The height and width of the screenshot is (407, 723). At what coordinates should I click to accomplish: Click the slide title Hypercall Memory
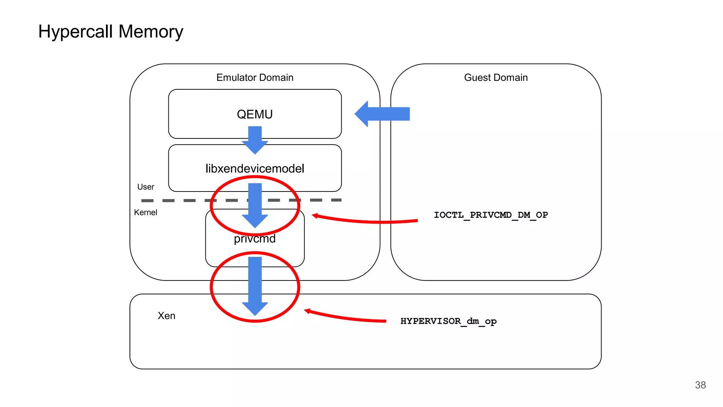point(110,32)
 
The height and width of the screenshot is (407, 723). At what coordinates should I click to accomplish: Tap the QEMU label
point(255,114)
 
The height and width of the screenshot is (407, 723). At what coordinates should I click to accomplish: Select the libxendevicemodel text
point(255,169)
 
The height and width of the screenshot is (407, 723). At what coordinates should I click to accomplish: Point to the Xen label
point(166,315)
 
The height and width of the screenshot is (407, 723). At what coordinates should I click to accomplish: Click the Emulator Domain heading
point(255,77)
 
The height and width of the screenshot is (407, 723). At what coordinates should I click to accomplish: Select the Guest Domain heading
point(496,77)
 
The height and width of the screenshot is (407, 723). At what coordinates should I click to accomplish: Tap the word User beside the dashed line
point(145,187)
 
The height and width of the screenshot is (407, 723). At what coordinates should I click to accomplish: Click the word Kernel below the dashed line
point(145,212)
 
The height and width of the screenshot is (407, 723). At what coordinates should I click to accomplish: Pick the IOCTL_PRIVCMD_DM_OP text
point(491,215)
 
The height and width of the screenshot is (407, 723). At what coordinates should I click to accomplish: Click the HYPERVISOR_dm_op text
point(448,321)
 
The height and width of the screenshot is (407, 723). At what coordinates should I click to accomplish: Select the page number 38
point(700,385)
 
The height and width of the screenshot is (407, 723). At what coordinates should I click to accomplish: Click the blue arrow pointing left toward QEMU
point(383,114)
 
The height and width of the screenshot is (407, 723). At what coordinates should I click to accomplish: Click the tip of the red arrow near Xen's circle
point(306,311)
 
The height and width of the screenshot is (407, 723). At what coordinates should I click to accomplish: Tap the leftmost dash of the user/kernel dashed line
point(147,201)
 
